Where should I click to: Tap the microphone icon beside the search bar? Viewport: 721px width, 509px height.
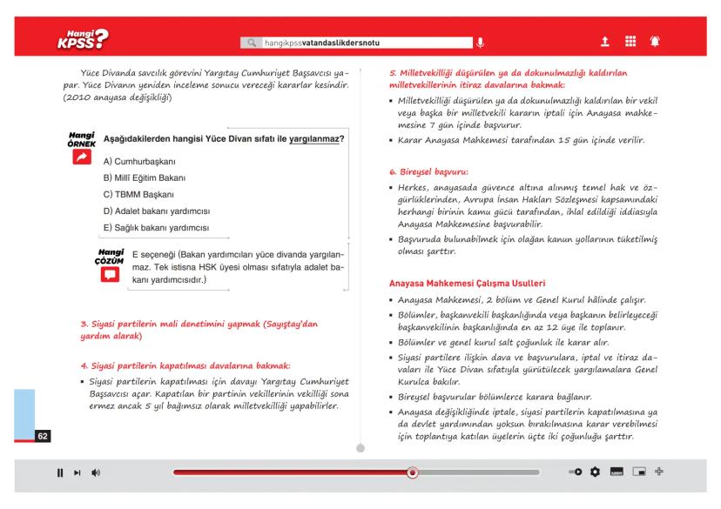coord(477,41)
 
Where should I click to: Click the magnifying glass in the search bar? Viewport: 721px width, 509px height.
coord(253,41)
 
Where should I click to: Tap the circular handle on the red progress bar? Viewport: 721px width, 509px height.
coord(413,473)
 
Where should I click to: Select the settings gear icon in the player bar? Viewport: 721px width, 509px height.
coord(596,472)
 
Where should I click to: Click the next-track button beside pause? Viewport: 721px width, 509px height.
coord(76,473)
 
